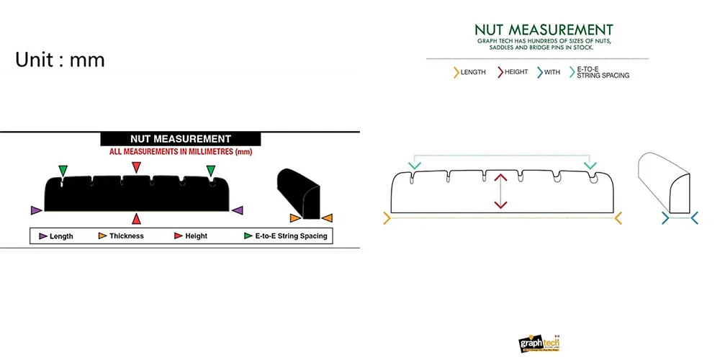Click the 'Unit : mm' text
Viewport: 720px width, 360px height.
click(60, 60)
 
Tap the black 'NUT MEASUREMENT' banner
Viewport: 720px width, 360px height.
click(180, 139)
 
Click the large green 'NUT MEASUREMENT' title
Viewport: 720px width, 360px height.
click(544, 30)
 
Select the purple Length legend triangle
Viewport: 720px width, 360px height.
click(43, 235)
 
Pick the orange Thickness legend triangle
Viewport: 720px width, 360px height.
click(103, 235)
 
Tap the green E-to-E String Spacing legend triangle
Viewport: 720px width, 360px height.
click(248, 235)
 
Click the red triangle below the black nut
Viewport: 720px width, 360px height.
click(136, 218)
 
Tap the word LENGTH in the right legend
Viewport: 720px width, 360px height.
click(472, 72)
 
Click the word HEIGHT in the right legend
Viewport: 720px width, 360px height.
click(516, 72)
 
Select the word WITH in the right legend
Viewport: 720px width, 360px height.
click(552, 72)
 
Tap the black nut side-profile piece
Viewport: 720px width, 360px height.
click(300, 192)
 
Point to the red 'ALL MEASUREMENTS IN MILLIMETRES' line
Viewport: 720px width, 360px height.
click(180, 152)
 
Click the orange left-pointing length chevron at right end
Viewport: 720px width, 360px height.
click(618, 217)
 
